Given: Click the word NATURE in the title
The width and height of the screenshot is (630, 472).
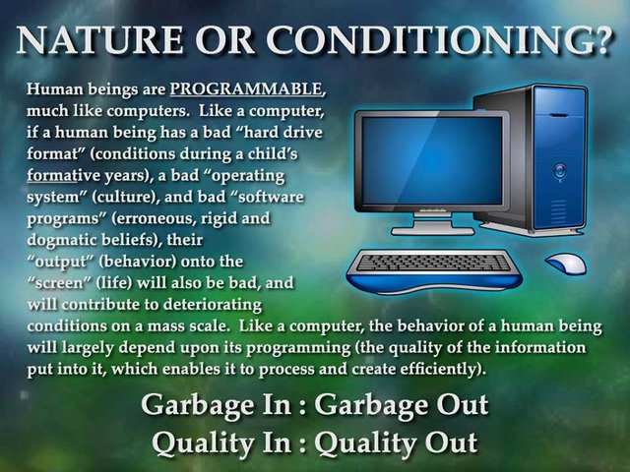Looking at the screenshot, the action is click(x=98, y=40).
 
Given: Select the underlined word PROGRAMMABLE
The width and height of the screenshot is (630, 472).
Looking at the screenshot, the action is click(x=246, y=88).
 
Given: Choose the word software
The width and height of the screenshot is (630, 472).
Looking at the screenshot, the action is click(x=271, y=197).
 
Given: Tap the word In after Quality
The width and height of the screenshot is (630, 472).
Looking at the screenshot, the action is click(x=277, y=442).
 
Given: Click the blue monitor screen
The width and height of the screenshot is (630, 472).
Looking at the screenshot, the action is click(x=432, y=160).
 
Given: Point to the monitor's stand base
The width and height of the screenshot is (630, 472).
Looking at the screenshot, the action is click(x=433, y=231).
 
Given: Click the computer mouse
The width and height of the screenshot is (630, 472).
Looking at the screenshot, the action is click(x=566, y=264).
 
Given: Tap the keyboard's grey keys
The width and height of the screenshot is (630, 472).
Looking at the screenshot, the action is click(x=433, y=263).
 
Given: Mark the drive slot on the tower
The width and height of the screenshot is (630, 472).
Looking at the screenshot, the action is click(x=559, y=116).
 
